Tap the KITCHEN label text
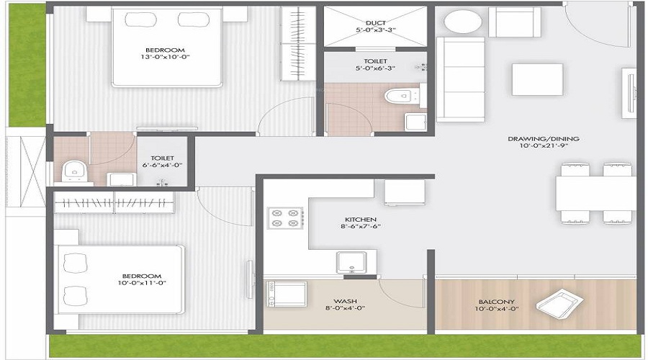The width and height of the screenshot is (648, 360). pos(361,219)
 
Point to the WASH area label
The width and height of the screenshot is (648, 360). pos(346,302)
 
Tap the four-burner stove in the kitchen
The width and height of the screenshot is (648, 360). pos(286,217)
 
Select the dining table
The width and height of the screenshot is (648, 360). pos(594,192)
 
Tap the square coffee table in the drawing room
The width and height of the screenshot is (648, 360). pos(537,79)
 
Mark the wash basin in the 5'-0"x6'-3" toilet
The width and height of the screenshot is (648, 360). pos(415,122)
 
